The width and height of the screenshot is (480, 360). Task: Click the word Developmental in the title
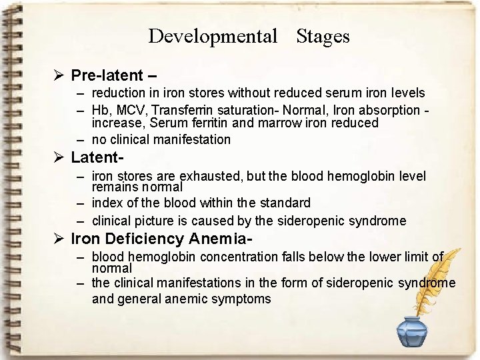(x=212, y=36)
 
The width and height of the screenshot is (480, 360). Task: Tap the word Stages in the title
(x=323, y=36)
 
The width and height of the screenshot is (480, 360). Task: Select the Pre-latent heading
(x=107, y=75)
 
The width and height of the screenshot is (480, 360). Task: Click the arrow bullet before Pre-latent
(x=59, y=75)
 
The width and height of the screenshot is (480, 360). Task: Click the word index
(x=107, y=203)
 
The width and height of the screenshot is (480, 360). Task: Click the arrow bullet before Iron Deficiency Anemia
(x=59, y=239)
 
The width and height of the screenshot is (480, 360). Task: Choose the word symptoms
(x=241, y=299)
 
